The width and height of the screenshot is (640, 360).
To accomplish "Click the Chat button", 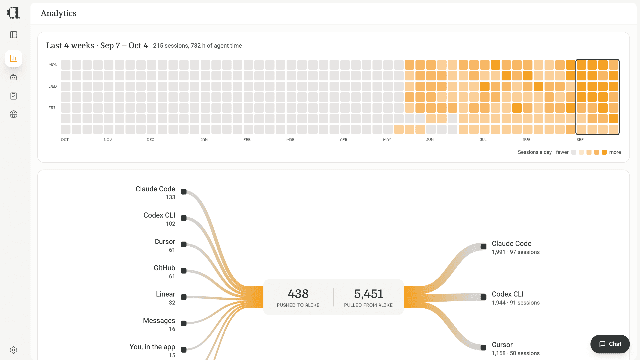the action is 610,344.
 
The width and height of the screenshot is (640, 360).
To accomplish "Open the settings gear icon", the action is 13,350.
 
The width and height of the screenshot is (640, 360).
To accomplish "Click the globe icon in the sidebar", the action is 13,114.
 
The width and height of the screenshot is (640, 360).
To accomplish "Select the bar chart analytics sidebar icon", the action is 13,58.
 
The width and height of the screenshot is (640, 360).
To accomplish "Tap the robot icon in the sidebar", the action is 13,77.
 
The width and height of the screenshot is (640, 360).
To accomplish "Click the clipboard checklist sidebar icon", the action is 13,96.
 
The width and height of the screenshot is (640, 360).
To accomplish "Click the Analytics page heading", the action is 59,13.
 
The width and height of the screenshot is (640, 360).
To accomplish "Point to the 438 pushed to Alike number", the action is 298,294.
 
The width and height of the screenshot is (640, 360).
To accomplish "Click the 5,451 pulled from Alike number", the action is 368,294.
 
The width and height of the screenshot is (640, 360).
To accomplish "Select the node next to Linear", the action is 184,297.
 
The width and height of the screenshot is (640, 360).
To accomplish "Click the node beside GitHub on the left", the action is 184,271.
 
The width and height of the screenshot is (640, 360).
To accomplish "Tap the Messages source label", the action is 159,321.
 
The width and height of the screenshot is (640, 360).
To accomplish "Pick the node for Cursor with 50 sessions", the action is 483,348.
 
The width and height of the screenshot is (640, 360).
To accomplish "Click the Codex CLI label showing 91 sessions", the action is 508,294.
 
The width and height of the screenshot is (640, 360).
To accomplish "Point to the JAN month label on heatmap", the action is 204,140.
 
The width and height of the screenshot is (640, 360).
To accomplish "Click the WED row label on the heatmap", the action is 53,86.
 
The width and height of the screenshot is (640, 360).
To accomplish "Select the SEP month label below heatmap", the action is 580,140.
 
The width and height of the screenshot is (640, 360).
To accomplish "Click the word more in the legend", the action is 615,152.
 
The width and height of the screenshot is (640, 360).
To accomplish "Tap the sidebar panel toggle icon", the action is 13,35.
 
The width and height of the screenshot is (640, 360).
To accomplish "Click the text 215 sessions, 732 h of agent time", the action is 197,46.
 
